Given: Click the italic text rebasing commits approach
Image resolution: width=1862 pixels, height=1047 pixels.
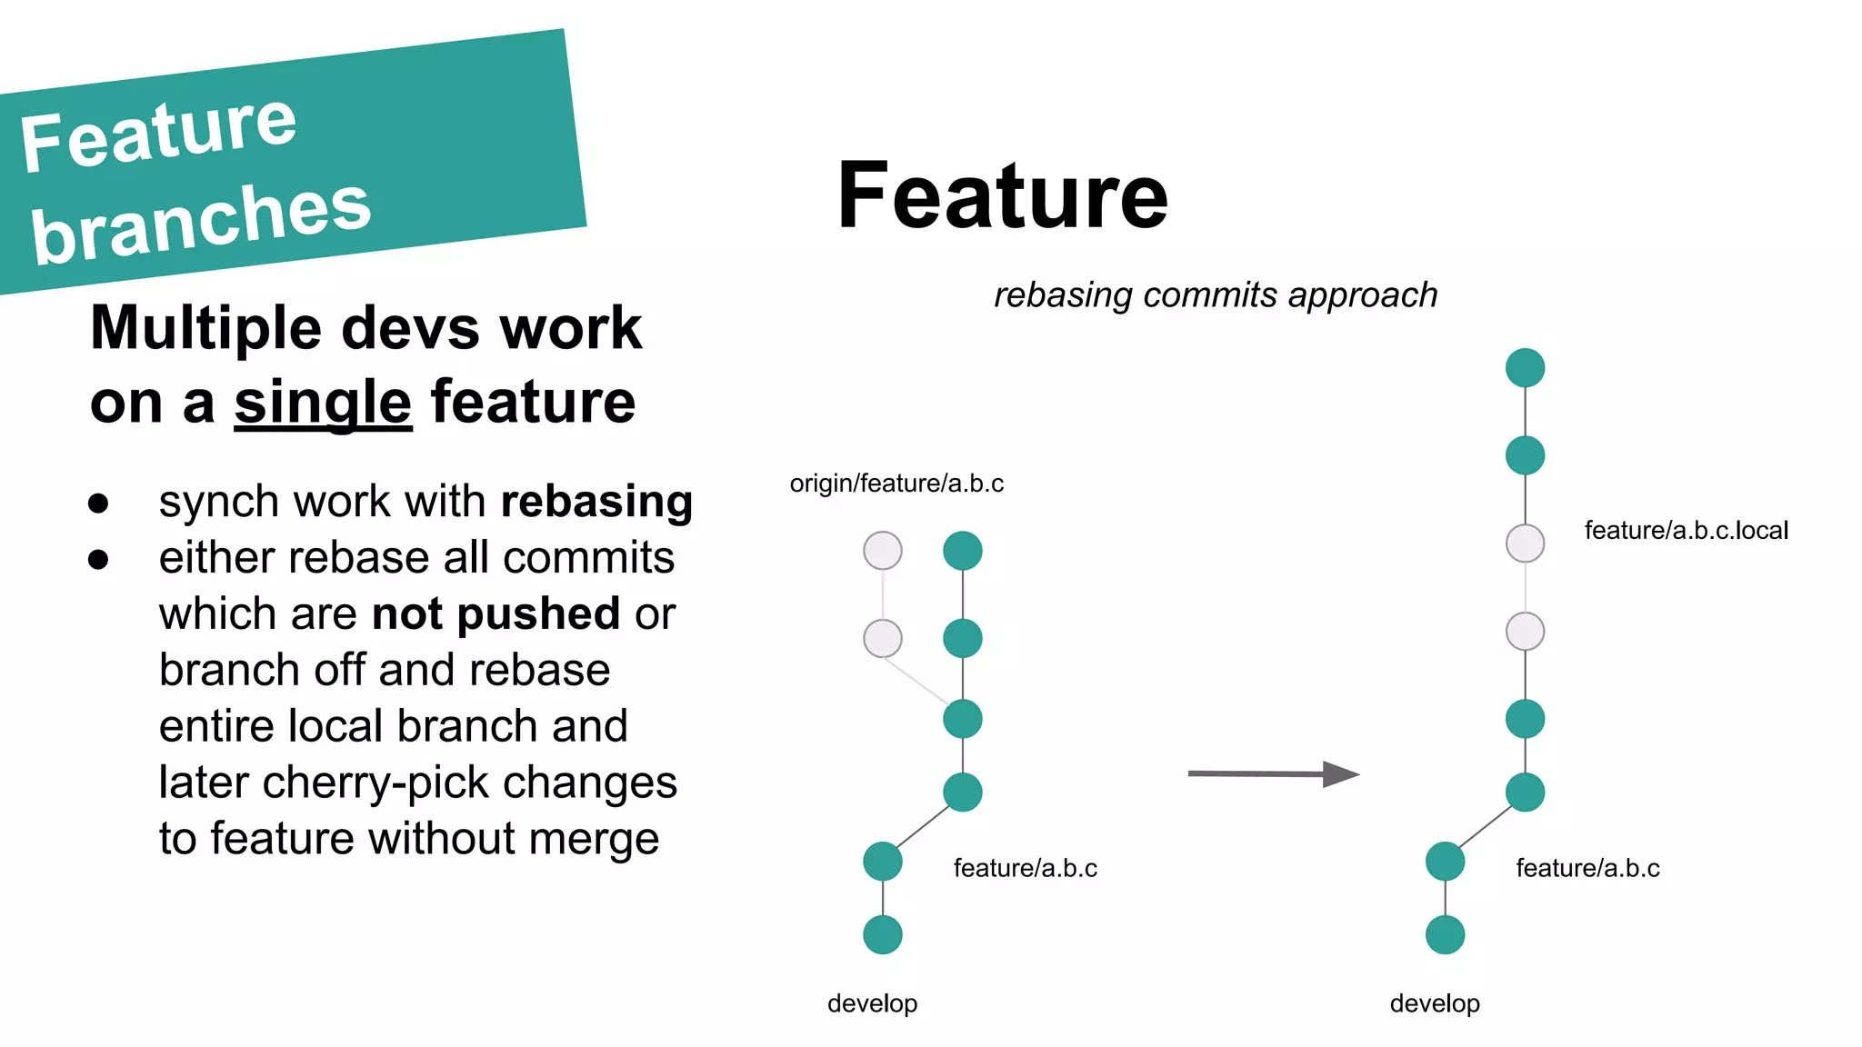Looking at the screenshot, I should [x=1215, y=295].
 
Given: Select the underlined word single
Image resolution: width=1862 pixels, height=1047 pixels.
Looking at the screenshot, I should [x=323, y=403].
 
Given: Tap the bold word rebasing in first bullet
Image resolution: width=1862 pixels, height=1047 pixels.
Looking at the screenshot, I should [x=596, y=502].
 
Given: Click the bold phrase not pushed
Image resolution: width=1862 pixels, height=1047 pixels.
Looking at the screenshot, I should [x=496, y=614].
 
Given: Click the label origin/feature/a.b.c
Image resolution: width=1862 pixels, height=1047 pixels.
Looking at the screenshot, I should [x=896, y=484].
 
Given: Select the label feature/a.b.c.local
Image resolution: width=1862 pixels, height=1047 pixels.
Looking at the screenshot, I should [x=1686, y=531].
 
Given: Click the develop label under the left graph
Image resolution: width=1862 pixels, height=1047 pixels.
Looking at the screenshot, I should [x=872, y=1003].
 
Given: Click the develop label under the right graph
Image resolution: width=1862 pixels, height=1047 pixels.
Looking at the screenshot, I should [x=1435, y=1003].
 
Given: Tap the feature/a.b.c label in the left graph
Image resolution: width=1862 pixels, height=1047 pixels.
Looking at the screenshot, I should [x=1025, y=869].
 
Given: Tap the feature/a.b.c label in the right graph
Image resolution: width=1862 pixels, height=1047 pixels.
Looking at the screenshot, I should [x=1587, y=869].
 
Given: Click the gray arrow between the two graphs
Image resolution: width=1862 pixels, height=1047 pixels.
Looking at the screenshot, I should [x=1273, y=774].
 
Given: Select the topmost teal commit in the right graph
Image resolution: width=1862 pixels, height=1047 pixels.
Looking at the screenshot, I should [x=1525, y=368].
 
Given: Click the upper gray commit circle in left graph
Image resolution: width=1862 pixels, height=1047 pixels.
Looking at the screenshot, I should [x=882, y=551].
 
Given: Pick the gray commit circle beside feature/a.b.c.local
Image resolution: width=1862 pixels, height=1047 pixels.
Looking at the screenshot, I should [x=1525, y=543].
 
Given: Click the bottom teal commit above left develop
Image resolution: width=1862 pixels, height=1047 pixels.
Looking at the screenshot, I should [x=882, y=934].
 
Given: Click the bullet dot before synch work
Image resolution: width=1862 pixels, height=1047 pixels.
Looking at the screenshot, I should [x=98, y=504].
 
